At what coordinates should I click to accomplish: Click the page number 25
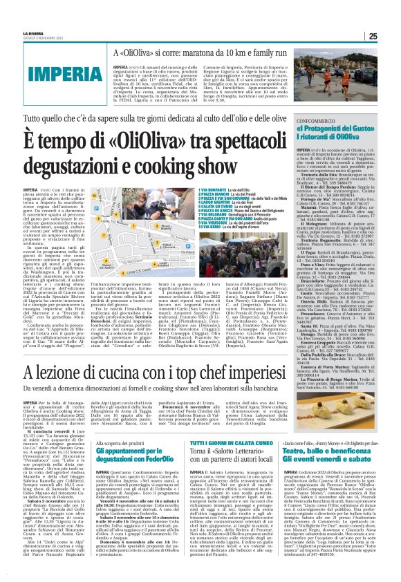coord(392,17)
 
